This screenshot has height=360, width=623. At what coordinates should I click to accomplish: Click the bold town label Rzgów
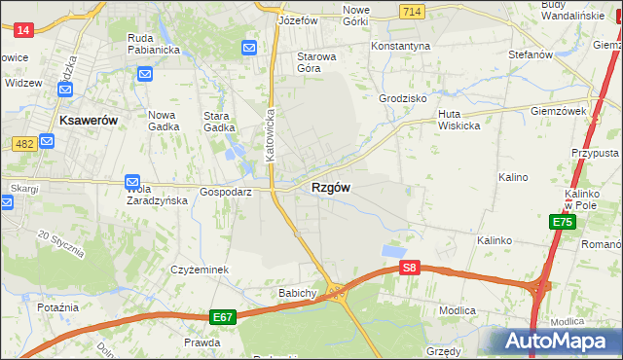(331, 188)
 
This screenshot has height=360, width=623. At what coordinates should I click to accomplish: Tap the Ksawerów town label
(89, 121)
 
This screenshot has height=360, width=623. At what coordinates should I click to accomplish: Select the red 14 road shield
(24, 30)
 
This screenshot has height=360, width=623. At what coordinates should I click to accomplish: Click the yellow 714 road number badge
(411, 10)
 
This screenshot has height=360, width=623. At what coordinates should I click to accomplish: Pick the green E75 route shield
(562, 223)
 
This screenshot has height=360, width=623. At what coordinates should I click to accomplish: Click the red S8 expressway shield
(410, 268)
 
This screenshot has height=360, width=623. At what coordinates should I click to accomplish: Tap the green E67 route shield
(222, 317)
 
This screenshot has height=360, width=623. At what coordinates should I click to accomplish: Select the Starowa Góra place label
(316, 62)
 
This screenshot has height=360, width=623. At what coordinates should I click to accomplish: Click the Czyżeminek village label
(200, 270)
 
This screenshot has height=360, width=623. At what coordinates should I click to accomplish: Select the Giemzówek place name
(558, 111)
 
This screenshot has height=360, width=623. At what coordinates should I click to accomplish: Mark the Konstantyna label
(400, 46)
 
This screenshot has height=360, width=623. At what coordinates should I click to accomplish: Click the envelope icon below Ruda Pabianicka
(145, 74)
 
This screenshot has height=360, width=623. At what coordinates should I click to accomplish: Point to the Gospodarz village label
(226, 192)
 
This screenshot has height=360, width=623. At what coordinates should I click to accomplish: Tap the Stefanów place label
(530, 54)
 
